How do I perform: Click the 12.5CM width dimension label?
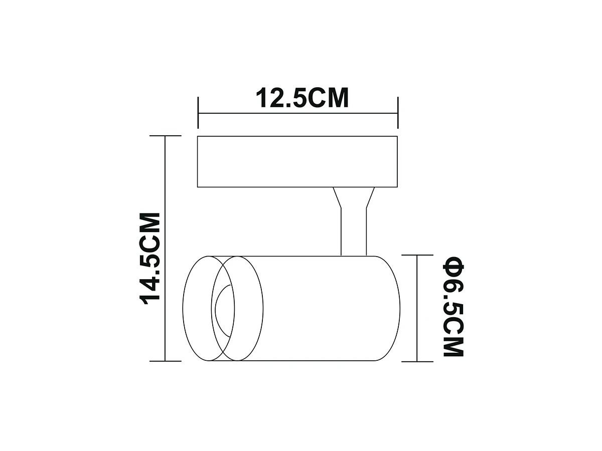302,98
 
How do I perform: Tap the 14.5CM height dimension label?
150,258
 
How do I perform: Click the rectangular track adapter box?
297,161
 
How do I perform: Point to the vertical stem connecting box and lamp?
354,232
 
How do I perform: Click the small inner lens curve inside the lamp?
216,310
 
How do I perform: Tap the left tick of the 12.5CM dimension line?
198,113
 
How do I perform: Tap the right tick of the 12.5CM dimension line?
398,113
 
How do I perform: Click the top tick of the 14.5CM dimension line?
166,135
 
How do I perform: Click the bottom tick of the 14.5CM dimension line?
166,361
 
